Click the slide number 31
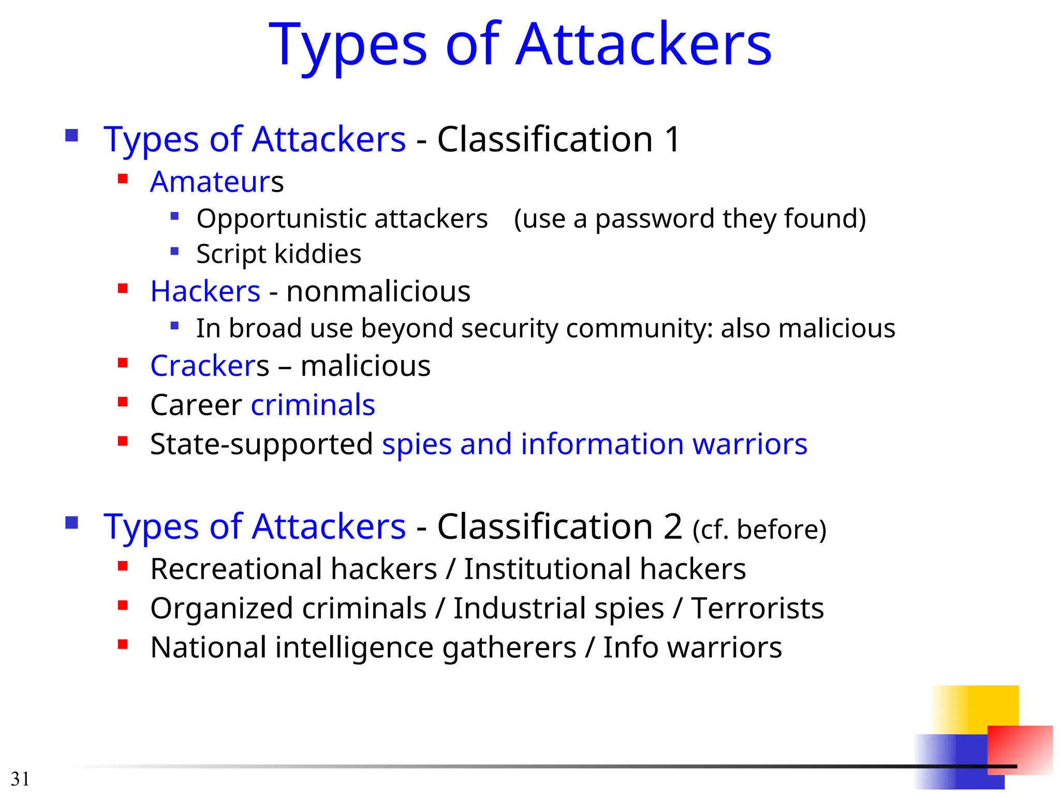(x=20, y=779)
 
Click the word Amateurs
(x=217, y=182)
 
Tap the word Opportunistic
(x=283, y=219)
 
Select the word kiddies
(x=317, y=254)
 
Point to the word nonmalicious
(x=378, y=291)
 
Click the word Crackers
(x=210, y=366)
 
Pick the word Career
(x=196, y=405)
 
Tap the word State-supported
(x=261, y=444)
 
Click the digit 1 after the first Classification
(x=672, y=139)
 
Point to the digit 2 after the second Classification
(x=672, y=527)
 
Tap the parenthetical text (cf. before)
(x=759, y=529)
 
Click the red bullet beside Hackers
(x=123, y=288)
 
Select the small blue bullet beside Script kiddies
(x=174, y=252)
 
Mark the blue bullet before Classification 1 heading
(x=71, y=136)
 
